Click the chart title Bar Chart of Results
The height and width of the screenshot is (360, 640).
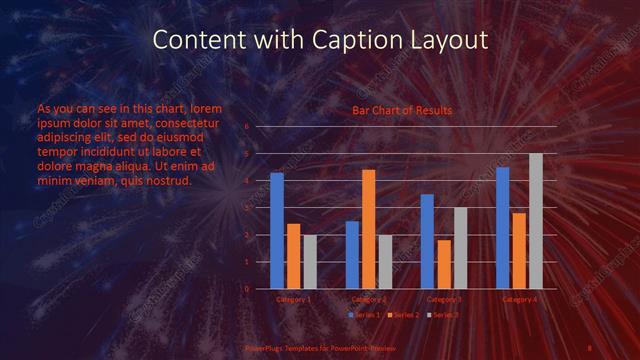coord(401,110)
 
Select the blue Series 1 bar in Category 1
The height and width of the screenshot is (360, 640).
coord(277,231)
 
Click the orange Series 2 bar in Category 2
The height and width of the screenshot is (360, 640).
coord(368,229)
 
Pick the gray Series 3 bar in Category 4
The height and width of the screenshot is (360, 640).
coord(536,221)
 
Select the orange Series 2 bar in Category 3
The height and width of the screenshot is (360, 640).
coord(443,264)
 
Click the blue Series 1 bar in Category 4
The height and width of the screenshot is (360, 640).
coord(503,228)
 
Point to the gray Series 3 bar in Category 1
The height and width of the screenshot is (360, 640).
coord(310,262)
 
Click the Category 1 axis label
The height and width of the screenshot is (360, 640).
coord(293,299)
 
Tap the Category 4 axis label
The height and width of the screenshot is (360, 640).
coord(519,299)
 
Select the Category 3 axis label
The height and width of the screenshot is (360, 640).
coord(444,299)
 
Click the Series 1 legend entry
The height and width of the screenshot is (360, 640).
coord(365,315)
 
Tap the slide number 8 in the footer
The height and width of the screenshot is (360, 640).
coord(590,347)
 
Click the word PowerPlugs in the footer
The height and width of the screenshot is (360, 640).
coord(266,347)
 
